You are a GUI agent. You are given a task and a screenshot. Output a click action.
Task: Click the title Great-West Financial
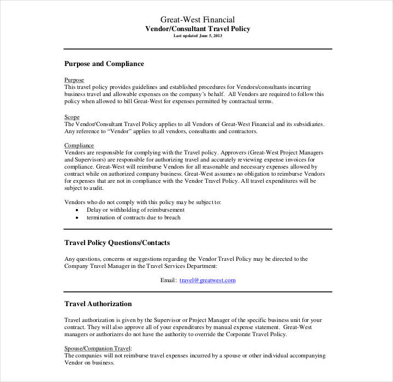[x=198, y=20]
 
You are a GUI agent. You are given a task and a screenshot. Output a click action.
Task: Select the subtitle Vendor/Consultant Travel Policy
[x=198, y=29]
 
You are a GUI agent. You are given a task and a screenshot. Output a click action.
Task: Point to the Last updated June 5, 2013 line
[x=198, y=36]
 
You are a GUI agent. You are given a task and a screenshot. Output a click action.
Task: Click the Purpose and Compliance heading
[x=104, y=64]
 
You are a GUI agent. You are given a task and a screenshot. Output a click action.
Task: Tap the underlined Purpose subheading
[x=74, y=80]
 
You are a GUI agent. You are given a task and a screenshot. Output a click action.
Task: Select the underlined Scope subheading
[x=72, y=117]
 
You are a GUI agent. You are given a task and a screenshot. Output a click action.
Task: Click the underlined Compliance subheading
[x=79, y=145]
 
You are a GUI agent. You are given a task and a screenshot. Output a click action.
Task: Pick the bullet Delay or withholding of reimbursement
[x=135, y=210]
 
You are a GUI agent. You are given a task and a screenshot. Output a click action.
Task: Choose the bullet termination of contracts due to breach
[x=133, y=217]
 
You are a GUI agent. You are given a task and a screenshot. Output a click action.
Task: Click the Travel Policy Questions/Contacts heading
[x=117, y=243]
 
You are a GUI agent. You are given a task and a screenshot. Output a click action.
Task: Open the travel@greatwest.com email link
[x=207, y=280]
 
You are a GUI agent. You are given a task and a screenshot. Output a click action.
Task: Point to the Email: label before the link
[x=168, y=280]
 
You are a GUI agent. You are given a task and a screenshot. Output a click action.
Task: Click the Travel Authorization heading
[x=98, y=304]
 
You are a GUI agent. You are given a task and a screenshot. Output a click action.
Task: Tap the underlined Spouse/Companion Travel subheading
[x=98, y=348]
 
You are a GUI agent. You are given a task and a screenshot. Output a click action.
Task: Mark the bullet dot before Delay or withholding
[x=77, y=210]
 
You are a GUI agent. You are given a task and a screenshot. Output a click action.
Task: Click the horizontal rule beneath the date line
[x=198, y=49]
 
